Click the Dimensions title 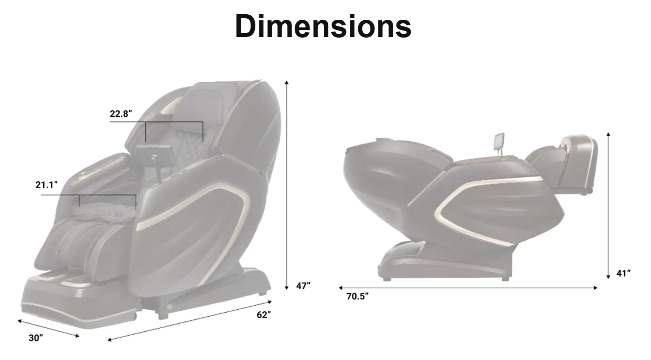323,26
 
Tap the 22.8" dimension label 121,113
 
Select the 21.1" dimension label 47,185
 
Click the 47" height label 303,286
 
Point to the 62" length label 264,315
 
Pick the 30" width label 36,338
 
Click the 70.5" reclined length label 358,296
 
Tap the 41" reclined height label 624,273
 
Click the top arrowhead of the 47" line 287,82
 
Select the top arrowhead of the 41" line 608,134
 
